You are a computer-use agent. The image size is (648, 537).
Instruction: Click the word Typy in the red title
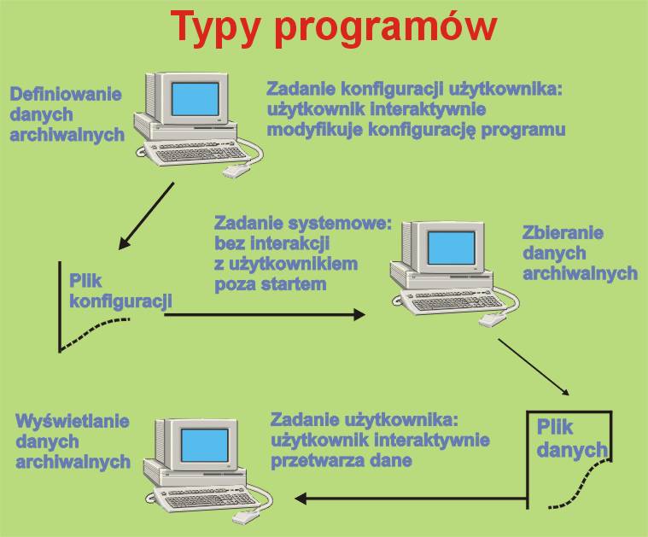click(215, 27)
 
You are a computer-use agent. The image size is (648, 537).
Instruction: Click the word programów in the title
click(386, 27)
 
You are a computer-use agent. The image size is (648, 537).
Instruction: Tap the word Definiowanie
click(66, 94)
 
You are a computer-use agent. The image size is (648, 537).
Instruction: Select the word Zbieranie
click(563, 233)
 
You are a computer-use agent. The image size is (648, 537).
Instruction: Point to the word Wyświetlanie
click(73, 422)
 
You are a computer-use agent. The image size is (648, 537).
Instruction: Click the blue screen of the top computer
click(195, 99)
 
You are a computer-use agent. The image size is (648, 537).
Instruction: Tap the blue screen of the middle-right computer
click(452, 248)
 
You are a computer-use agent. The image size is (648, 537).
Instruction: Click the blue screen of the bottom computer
click(205, 446)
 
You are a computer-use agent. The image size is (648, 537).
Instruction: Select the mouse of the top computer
click(236, 170)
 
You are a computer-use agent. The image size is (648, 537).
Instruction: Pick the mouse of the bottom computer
click(246, 517)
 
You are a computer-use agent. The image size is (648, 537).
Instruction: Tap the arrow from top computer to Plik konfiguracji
click(146, 216)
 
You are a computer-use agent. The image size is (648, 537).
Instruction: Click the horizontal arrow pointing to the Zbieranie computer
click(265, 315)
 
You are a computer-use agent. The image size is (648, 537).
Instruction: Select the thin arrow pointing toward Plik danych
click(534, 367)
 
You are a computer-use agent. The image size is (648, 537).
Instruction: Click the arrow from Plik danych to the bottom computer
click(411, 499)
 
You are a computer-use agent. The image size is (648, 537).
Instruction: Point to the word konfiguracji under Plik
click(120, 301)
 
